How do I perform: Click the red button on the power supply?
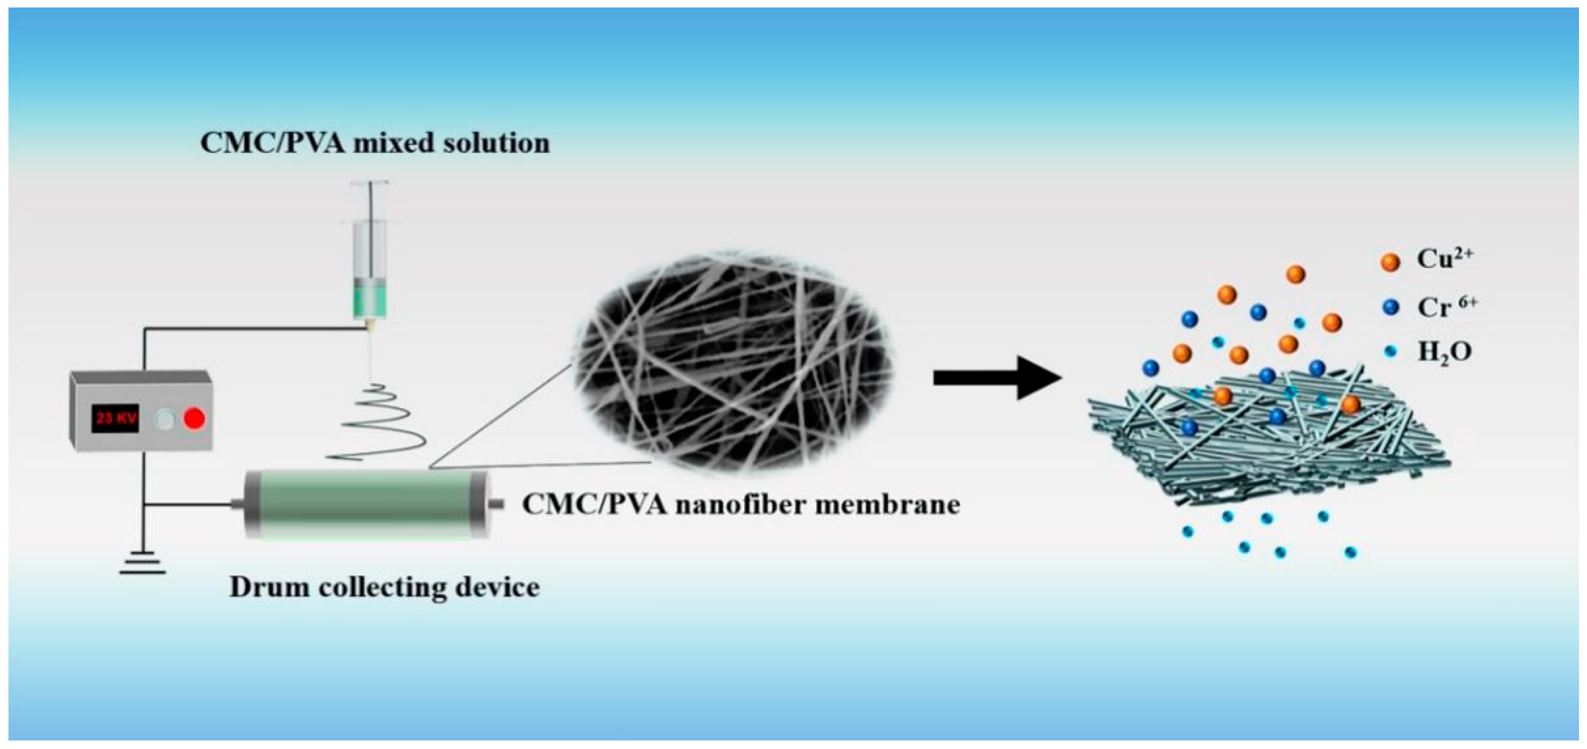point(195,420)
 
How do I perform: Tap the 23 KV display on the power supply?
point(115,419)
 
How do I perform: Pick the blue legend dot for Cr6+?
point(1391,307)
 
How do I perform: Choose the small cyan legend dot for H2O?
point(1391,352)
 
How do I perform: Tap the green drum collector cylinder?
point(366,504)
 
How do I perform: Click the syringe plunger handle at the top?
point(370,183)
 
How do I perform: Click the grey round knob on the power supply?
point(164,420)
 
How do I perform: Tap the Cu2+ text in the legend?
point(1443,259)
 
